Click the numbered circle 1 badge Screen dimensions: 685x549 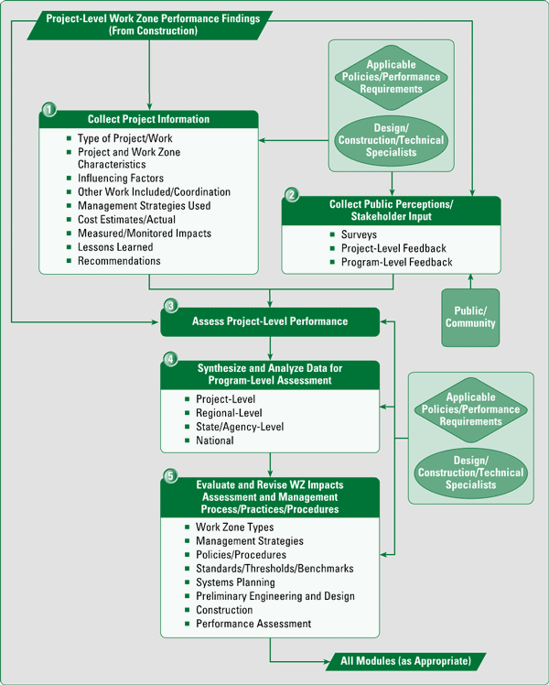(49, 110)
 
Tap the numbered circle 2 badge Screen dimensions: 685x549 (292, 195)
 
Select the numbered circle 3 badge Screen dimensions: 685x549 (170, 306)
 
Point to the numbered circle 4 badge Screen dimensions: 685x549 (169, 358)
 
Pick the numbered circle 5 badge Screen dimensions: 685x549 (170, 475)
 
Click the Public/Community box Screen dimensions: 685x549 (470, 317)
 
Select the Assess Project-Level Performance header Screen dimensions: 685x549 (269, 321)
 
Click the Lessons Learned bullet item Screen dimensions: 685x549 (114, 247)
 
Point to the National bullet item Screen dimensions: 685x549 (214, 440)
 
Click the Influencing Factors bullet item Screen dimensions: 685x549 (120, 179)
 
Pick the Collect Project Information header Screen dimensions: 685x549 (148, 119)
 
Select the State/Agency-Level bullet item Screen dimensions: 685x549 (240, 427)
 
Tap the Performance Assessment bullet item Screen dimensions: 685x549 (253, 624)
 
